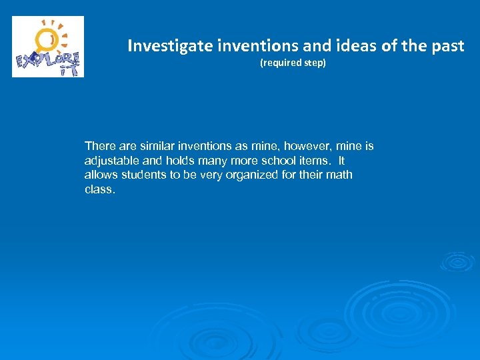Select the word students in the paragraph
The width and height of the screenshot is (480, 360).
pos(146,175)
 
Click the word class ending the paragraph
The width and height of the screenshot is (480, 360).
pos(99,189)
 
